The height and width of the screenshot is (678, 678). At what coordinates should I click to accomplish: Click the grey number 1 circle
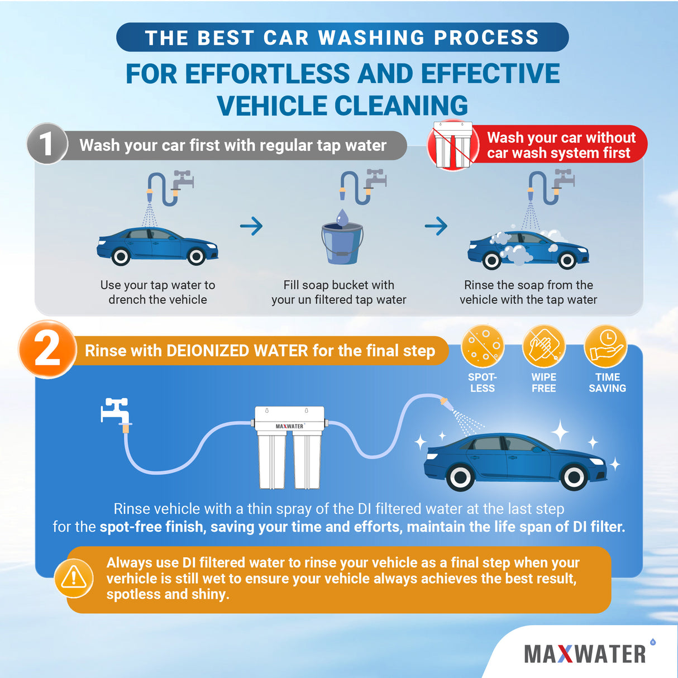click(47, 144)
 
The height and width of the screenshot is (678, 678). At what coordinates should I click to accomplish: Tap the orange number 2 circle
click(47, 350)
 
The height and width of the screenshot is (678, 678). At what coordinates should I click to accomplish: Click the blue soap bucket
click(342, 242)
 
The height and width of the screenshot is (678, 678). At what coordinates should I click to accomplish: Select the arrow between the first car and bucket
click(251, 226)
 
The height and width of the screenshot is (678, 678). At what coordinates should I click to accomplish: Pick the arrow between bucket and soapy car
click(436, 226)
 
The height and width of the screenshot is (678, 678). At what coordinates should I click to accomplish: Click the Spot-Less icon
click(483, 346)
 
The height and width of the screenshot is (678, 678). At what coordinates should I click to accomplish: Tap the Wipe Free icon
click(543, 346)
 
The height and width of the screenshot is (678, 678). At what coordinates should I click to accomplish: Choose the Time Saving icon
click(607, 346)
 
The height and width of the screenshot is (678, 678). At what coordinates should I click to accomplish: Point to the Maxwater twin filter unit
click(289, 447)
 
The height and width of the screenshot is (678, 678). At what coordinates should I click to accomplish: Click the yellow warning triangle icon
click(74, 578)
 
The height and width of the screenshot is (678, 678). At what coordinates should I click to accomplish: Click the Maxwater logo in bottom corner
click(585, 654)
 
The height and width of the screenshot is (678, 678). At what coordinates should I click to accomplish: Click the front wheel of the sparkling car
click(574, 477)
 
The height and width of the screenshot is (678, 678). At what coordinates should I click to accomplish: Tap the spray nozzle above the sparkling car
click(445, 402)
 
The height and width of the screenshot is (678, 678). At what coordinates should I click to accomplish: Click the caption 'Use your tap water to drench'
click(157, 292)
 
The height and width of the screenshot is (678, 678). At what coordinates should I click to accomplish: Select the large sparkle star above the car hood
click(560, 431)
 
